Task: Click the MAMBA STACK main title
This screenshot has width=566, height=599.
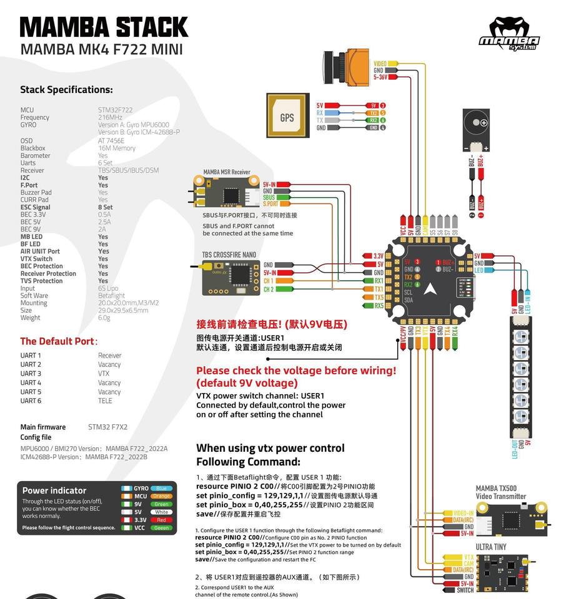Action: [x=104, y=27]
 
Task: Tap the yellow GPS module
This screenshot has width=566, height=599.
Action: [x=287, y=117]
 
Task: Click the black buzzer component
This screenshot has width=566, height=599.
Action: [x=479, y=130]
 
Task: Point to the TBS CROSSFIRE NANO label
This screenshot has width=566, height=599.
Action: [x=229, y=255]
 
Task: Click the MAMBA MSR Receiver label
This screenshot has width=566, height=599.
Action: [x=226, y=172]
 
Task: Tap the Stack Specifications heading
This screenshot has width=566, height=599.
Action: [x=66, y=90]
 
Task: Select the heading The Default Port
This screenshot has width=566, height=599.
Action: [x=59, y=341]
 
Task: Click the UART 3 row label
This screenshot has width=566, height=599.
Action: [x=31, y=374]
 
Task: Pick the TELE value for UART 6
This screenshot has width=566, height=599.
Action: [x=105, y=401]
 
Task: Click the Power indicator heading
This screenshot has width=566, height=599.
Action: [x=54, y=490]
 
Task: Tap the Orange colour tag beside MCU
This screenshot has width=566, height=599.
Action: [x=161, y=496]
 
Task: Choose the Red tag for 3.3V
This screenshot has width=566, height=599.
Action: [x=161, y=520]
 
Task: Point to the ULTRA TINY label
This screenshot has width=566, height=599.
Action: [x=491, y=547]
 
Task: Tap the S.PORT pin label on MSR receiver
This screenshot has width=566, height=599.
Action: [x=271, y=204]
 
